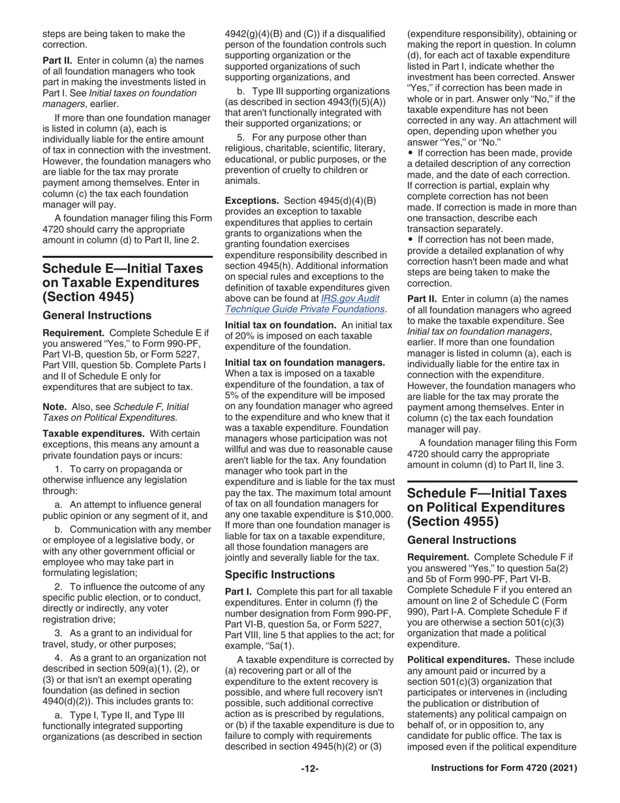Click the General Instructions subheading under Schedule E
(x=97, y=315)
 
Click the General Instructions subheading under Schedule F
(x=461, y=540)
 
